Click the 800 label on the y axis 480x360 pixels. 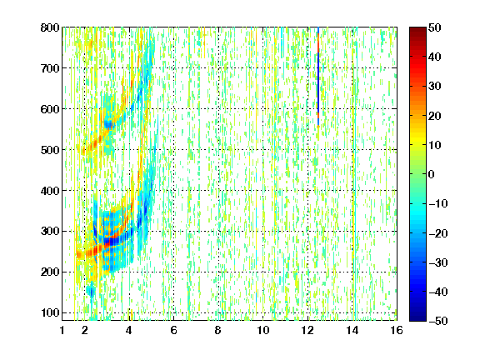(50, 27)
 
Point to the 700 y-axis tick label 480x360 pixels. (50, 68)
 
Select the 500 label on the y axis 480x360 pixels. (50, 150)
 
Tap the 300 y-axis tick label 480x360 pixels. (50, 232)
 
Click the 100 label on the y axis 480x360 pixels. (50, 312)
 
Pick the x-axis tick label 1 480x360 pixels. (62, 331)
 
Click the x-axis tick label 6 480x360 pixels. (173, 331)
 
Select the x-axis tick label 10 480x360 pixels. (263, 331)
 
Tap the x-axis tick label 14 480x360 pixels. (352, 331)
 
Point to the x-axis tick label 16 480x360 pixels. (397, 331)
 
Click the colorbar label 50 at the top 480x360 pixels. (435, 27)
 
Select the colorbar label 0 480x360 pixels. (432, 174)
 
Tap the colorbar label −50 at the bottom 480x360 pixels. (438, 321)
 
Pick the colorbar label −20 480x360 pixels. (438, 233)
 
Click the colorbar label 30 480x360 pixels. (435, 87)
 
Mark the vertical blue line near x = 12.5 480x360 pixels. (318, 77)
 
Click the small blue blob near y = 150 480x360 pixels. (91, 290)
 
